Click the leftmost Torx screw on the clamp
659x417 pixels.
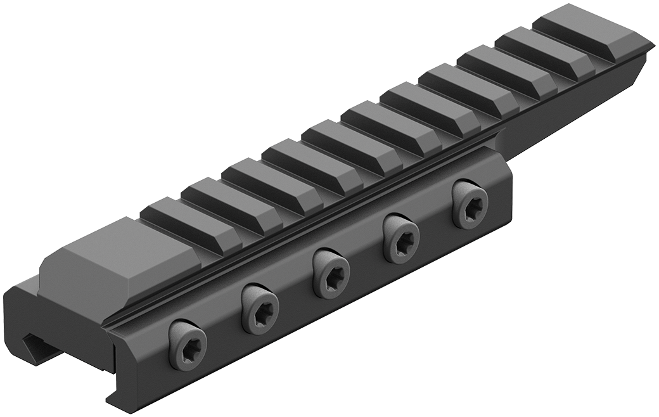188,345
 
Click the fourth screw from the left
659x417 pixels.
401,238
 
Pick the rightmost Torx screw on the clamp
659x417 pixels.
470,204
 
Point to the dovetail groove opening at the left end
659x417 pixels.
38,346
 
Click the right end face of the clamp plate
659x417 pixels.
507,203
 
